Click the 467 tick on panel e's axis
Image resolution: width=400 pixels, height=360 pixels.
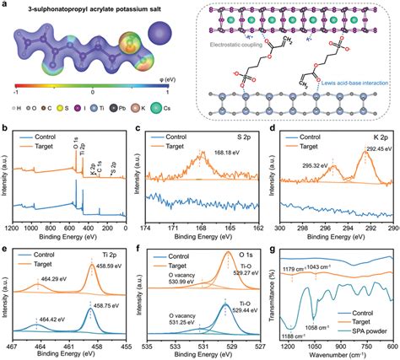coord(14,345)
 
